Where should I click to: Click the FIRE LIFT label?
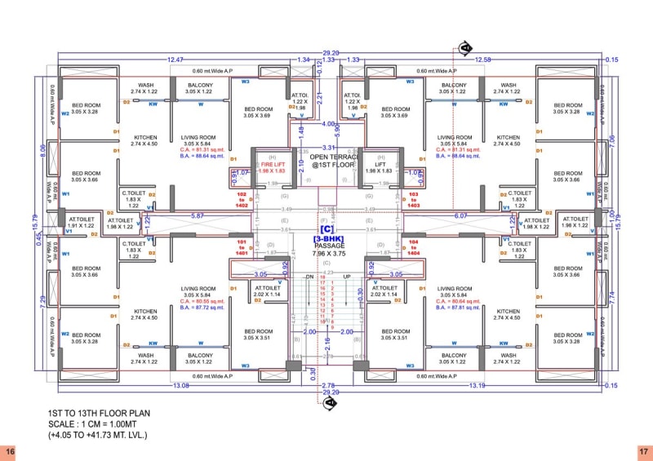pos(272,166)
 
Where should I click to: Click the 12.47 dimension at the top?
pos(175,60)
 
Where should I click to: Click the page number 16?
pos(10,450)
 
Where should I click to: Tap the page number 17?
pos(642,450)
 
